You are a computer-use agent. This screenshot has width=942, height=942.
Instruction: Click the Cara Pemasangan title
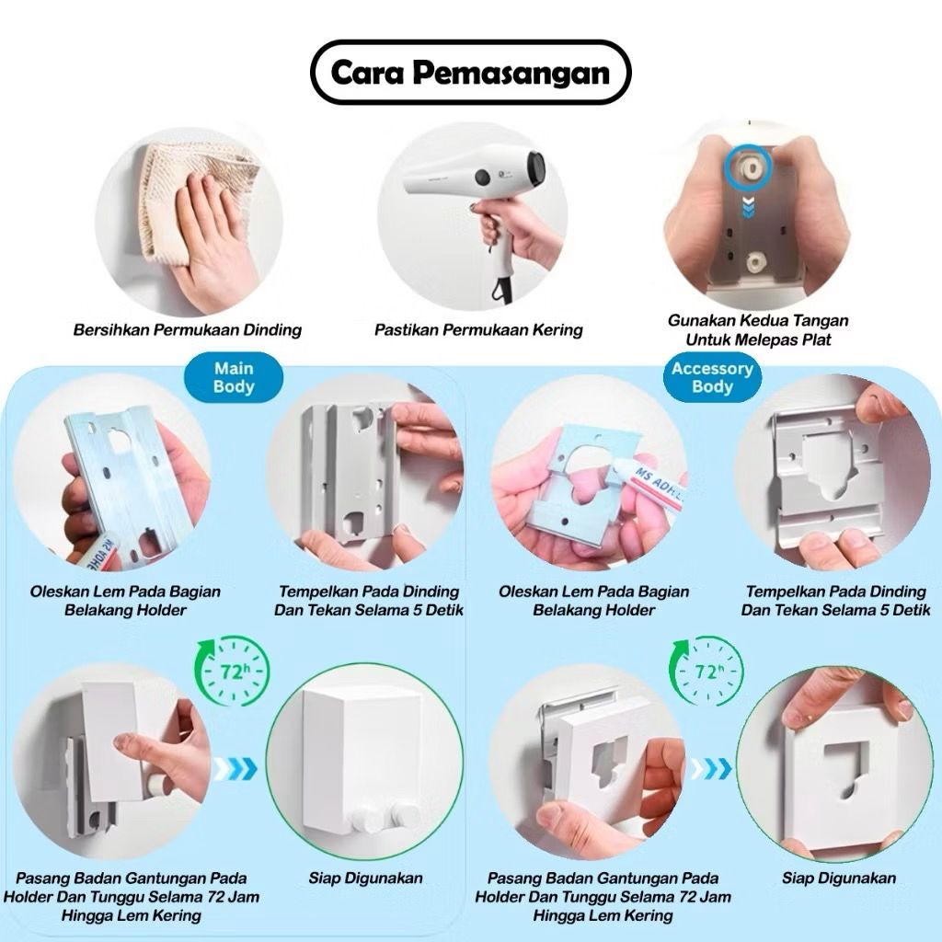tap(470, 73)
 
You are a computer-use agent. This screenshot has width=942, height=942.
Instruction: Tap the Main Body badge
tap(234, 377)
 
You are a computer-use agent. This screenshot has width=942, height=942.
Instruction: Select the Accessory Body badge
tap(713, 377)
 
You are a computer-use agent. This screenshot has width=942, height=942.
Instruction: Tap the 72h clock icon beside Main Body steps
tap(231, 672)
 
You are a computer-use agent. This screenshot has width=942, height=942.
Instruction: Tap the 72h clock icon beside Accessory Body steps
tap(706, 672)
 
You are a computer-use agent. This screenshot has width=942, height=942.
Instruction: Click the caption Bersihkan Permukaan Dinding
tap(188, 330)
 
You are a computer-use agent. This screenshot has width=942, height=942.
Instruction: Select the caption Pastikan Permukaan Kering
tap(478, 330)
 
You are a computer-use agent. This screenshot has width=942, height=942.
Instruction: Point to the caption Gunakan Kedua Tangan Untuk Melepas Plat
tap(758, 330)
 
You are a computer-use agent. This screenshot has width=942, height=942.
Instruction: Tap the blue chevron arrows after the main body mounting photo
tap(235, 768)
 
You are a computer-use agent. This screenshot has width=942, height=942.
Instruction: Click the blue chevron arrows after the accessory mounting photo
tap(711, 768)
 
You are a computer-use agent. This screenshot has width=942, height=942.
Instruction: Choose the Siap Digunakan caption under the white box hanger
tap(365, 879)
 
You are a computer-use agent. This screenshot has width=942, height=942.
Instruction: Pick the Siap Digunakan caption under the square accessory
tap(839, 879)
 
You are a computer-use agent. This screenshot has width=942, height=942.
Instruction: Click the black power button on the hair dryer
tap(482, 177)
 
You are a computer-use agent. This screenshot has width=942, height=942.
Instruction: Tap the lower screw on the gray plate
tap(754, 262)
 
